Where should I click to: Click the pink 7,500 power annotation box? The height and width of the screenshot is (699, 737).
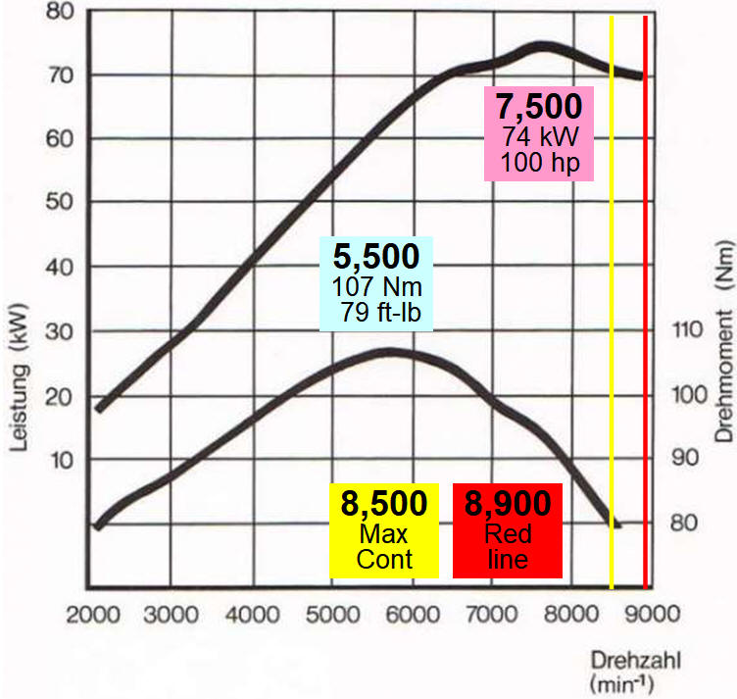[538, 133]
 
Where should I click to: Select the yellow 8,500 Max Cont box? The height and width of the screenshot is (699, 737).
[383, 529]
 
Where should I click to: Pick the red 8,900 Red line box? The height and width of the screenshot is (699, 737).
[507, 529]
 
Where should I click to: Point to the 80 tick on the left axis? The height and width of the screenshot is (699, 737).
[61, 12]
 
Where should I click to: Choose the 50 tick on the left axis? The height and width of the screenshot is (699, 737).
[61, 203]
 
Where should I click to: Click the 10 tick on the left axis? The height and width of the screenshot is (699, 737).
[61, 459]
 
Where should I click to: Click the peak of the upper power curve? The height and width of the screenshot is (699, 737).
[541, 45]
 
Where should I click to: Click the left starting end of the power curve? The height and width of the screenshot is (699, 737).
[98, 409]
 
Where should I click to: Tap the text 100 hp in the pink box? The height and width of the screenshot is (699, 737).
[538, 161]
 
